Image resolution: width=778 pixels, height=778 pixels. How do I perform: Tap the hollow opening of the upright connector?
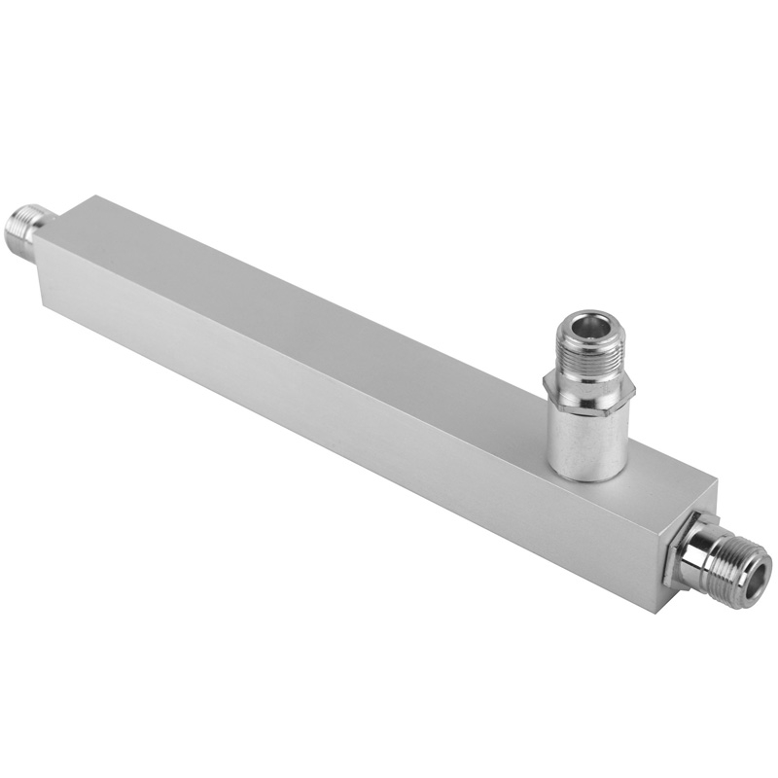(x=587, y=323)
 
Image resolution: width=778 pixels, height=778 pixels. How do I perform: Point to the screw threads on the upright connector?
(x=588, y=355)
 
